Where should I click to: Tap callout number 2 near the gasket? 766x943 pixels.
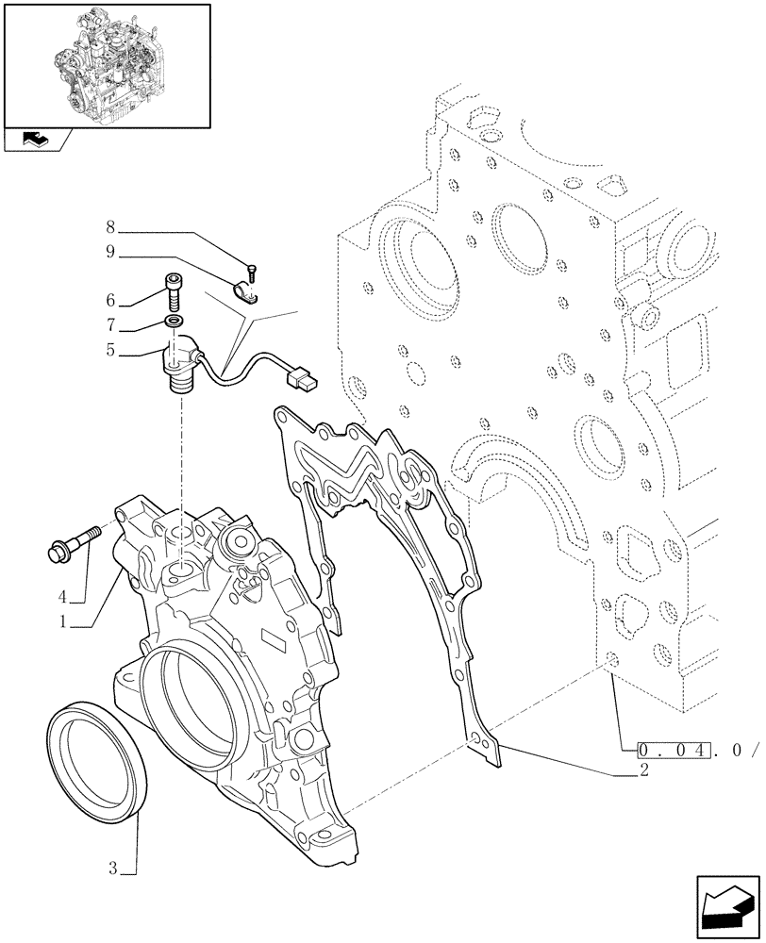[643, 771]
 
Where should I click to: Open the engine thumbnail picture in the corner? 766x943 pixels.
[107, 64]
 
